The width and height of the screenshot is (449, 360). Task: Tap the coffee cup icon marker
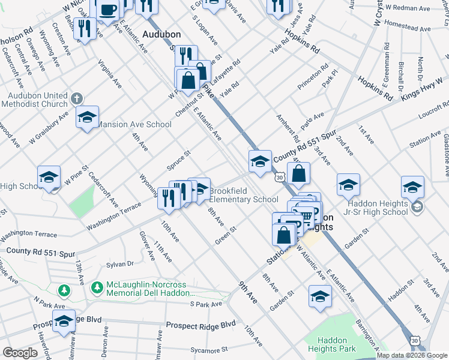point(107,10)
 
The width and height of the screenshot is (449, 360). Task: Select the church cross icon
point(76,98)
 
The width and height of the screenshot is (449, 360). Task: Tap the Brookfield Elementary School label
point(243,195)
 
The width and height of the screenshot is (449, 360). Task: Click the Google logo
point(20,353)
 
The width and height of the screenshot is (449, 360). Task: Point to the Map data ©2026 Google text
point(412,355)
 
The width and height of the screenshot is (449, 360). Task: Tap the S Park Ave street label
point(206,304)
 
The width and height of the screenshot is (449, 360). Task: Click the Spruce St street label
point(179,160)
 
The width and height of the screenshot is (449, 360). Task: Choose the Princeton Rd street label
point(317,74)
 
